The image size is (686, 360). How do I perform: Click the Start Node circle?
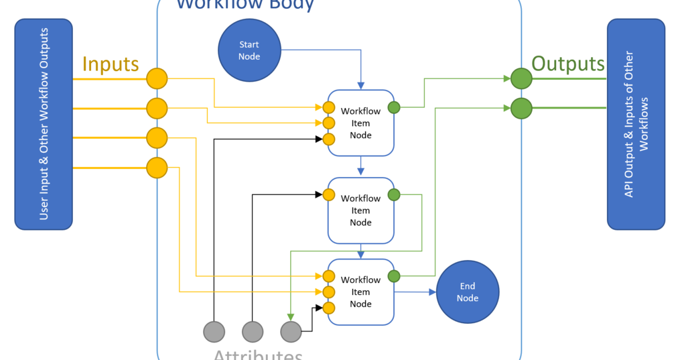(x=249, y=50)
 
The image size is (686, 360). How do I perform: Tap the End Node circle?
(x=468, y=292)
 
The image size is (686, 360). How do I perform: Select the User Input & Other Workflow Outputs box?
(x=44, y=124)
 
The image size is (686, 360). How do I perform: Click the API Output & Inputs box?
(x=636, y=124)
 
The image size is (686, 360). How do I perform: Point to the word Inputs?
(x=111, y=64)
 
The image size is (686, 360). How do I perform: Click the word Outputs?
(x=568, y=64)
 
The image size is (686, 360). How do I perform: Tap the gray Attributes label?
(x=258, y=353)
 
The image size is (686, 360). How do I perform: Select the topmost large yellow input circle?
(x=157, y=78)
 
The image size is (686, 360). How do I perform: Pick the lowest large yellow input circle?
(x=157, y=168)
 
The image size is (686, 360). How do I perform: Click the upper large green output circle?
(x=521, y=78)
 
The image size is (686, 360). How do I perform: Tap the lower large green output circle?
(x=521, y=108)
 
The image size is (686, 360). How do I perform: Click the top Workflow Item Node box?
(x=361, y=123)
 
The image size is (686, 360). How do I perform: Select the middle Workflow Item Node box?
(x=361, y=211)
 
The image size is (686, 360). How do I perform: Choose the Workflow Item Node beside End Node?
(x=361, y=292)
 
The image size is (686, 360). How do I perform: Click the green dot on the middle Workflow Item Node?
(x=394, y=195)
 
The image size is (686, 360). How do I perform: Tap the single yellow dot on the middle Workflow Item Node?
(x=328, y=195)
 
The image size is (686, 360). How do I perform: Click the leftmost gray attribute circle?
(x=214, y=331)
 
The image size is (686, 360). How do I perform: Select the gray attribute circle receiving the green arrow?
(x=291, y=331)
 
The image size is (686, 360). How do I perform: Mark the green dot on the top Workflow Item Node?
(x=394, y=107)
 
